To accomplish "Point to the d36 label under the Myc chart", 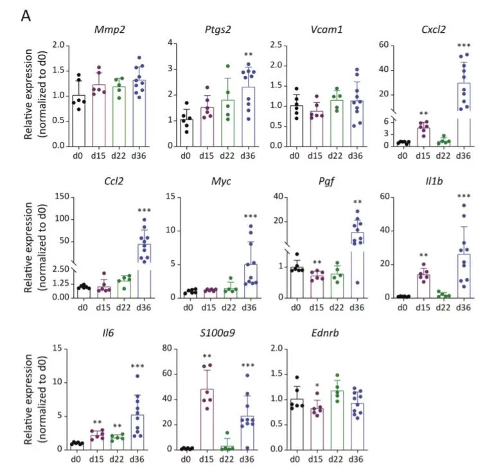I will [251, 307].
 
